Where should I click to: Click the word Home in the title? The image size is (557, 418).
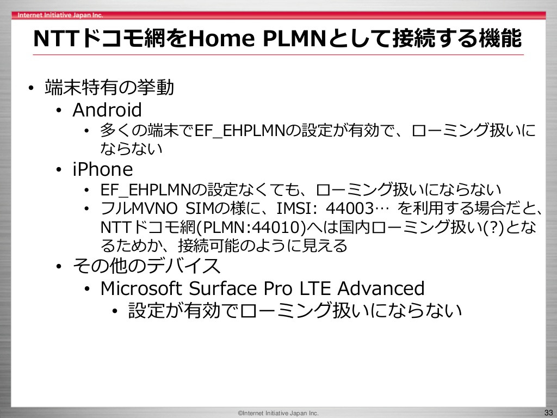tap(221, 38)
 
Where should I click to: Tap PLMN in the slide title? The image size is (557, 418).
tap(294, 38)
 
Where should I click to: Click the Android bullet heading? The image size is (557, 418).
tap(107, 109)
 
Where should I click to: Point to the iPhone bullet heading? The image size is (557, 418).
tap(103, 169)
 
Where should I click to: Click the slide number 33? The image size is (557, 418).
tap(548, 413)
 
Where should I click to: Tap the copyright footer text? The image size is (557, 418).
tap(278, 413)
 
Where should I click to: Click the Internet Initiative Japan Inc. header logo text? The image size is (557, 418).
tap(60, 15)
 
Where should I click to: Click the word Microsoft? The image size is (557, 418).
tap(141, 288)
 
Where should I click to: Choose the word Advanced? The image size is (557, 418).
tap(381, 288)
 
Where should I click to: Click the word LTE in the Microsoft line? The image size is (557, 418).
tap(315, 288)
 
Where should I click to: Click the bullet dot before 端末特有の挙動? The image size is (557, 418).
tap(31, 88)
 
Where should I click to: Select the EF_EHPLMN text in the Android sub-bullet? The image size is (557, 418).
tap(240, 131)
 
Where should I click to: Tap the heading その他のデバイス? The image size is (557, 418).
tap(146, 266)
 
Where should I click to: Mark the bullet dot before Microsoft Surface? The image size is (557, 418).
tap(87, 288)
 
